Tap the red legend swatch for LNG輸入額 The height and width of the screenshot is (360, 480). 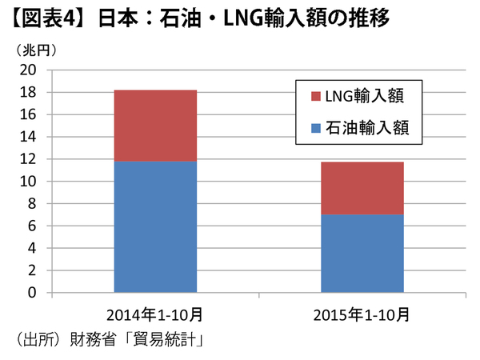point(314,97)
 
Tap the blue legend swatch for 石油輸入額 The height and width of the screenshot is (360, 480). point(314,127)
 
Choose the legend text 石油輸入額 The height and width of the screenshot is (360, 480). point(365,127)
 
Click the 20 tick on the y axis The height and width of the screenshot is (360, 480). point(28,70)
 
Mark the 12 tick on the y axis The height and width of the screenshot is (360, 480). point(28,159)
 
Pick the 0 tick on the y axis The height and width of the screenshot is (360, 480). point(32,293)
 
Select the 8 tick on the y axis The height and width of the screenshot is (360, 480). point(32,204)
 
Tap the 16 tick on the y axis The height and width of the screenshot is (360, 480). point(28,115)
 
